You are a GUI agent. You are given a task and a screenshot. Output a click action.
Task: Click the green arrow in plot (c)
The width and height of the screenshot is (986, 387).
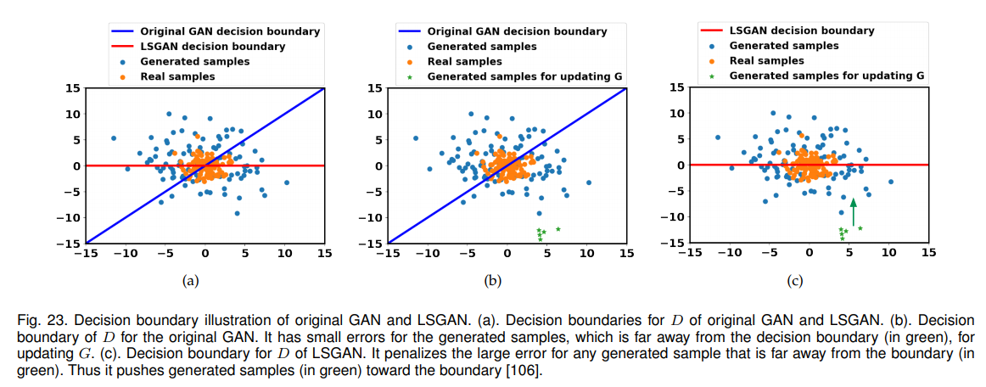(x=854, y=212)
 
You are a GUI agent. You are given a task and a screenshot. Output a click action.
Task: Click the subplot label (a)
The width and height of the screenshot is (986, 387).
(x=190, y=280)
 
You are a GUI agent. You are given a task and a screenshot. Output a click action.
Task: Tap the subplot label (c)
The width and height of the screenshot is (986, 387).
(x=795, y=280)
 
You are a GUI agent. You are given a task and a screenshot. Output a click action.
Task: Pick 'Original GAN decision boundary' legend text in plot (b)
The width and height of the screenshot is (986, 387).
(x=517, y=31)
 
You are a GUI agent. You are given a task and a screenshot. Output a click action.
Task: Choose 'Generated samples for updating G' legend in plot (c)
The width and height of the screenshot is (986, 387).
(x=826, y=76)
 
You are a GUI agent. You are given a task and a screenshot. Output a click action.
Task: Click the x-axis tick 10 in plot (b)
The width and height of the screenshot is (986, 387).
(x=585, y=253)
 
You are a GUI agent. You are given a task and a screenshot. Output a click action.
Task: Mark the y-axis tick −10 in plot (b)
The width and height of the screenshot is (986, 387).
(x=371, y=218)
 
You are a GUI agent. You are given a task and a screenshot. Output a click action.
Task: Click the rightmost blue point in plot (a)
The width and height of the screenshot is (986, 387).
(x=286, y=182)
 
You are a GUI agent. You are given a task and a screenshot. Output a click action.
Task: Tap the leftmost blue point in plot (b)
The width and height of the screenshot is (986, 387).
(x=415, y=138)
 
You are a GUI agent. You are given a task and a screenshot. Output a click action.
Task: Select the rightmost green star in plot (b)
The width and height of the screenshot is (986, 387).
(x=557, y=229)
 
